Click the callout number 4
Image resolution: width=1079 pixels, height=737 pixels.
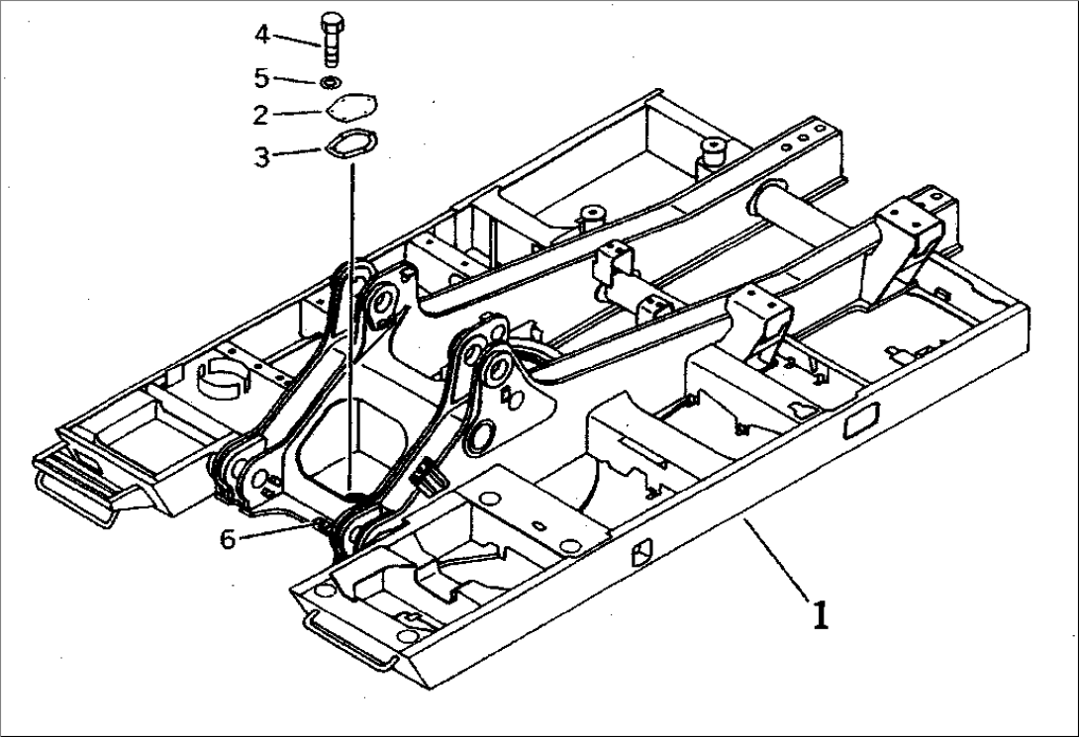tap(261, 35)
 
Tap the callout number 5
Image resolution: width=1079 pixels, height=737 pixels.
tap(261, 77)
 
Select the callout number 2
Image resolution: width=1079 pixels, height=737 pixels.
tap(260, 115)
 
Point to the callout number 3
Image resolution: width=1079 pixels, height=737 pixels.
tap(261, 156)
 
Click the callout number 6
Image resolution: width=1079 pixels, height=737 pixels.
tap(228, 540)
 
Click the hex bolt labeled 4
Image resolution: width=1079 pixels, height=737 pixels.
tap(332, 41)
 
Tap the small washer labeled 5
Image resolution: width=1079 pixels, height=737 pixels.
tap(332, 81)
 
